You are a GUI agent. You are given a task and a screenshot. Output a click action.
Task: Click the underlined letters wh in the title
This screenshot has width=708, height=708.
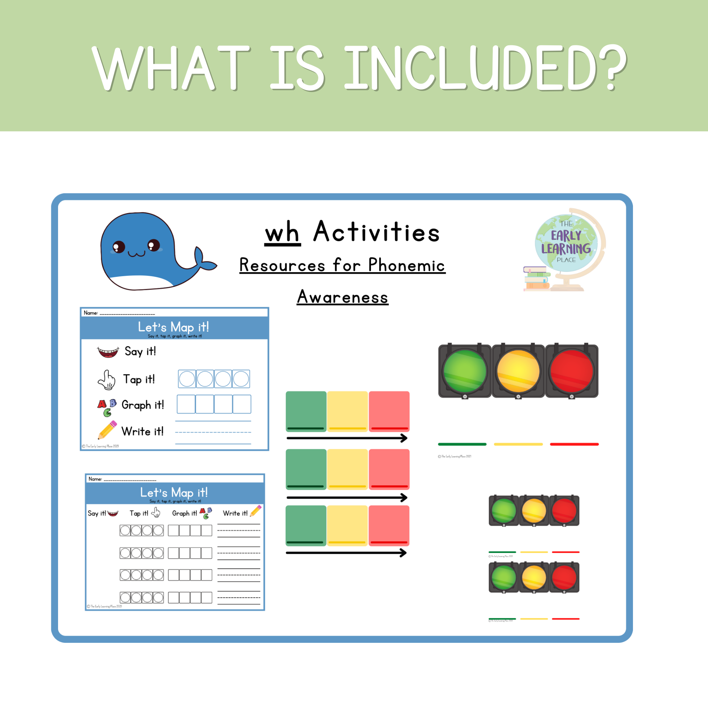click(x=282, y=233)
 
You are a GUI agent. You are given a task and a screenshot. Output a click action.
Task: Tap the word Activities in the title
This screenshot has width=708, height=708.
click(x=376, y=232)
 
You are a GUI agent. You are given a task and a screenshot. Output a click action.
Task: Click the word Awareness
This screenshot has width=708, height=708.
click(x=342, y=297)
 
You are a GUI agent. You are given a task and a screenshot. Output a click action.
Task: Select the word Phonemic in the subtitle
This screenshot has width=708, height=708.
click(x=406, y=265)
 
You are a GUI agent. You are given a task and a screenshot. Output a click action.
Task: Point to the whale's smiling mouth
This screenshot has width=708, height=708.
click(x=136, y=253)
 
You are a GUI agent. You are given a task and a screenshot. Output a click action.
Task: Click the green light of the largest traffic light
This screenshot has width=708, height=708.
click(x=465, y=371)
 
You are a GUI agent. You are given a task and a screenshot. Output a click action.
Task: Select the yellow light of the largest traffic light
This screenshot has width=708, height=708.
click(x=518, y=371)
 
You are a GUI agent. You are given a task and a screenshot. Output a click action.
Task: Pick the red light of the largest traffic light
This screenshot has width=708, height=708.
click(x=571, y=371)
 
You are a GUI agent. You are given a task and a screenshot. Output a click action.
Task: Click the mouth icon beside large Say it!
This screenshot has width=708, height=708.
click(x=108, y=352)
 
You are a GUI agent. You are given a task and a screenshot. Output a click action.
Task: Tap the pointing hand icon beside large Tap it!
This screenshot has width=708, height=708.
click(x=107, y=379)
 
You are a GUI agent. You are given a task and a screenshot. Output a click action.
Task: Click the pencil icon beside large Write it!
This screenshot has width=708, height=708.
click(x=107, y=430)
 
